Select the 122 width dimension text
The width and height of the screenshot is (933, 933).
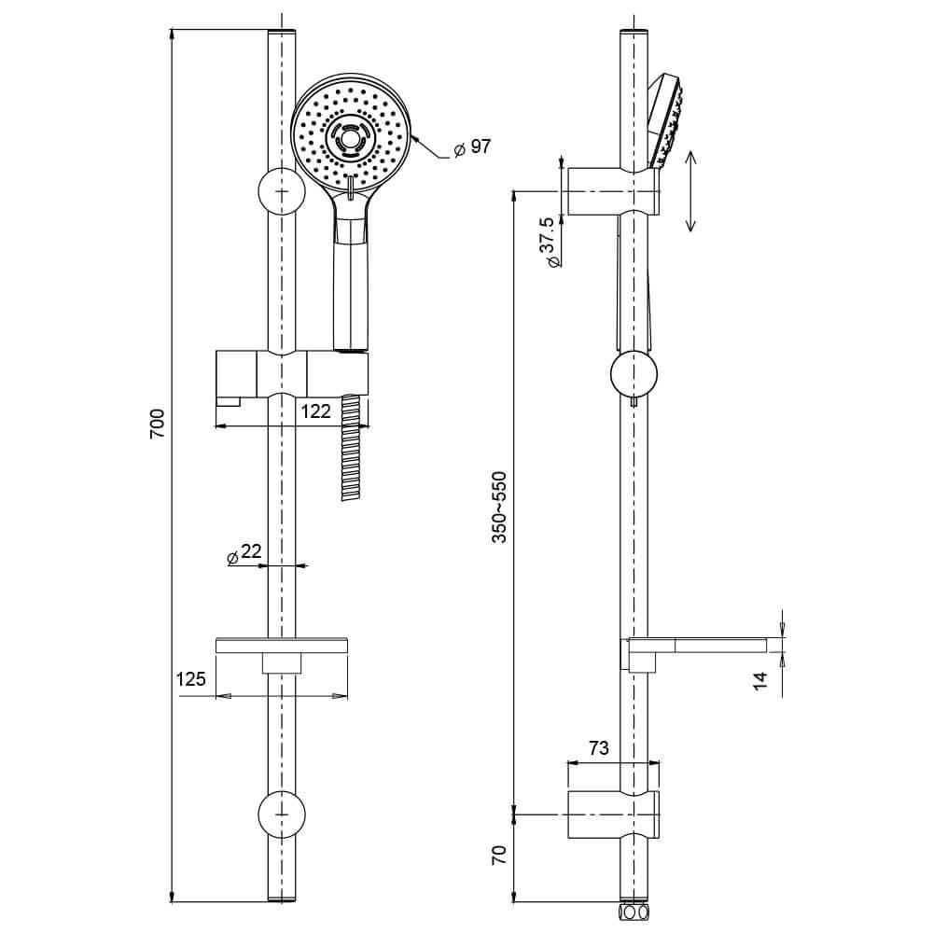tap(316, 410)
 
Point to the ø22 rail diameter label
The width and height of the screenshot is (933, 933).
tap(244, 553)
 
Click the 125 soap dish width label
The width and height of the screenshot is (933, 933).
tap(190, 679)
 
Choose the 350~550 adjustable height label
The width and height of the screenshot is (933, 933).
tap(500, 508)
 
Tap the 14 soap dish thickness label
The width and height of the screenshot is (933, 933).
tap(760, 681)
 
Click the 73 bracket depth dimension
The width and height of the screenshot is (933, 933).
tap(599, 747)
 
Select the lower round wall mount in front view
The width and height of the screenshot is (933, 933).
tap(281, 814)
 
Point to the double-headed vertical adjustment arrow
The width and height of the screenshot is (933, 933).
tap(690, 191)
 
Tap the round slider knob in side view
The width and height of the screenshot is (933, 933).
tap(634, 375)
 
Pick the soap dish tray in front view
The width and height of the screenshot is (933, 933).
tap(281, 645)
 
